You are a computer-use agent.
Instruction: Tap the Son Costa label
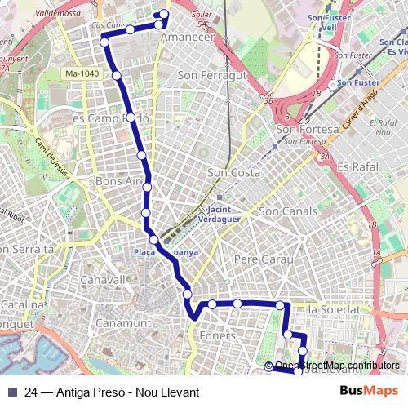[233, 173]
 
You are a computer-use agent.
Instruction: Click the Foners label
[217, 335]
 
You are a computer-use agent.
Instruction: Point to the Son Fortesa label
[308, 130]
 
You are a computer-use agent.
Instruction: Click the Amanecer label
[188, 38]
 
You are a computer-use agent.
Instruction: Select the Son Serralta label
[26, 248]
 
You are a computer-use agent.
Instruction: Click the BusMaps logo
[369, 391]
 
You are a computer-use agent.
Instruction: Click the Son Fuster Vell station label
[329, 22]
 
